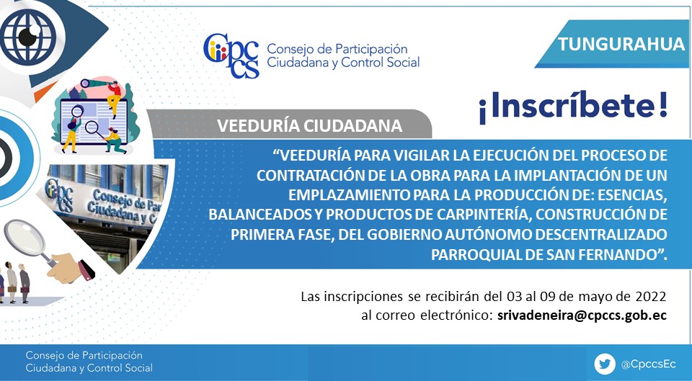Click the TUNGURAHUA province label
pos(621,44)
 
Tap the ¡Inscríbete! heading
pos(573,107)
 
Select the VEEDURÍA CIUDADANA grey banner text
pos(309,125)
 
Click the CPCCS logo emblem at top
pos(231,55)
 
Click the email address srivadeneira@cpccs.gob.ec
pos(582,315)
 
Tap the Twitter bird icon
pos(605,364)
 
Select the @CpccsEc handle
pos(648,364)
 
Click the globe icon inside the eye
pos(28,36)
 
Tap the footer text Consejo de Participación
pos(84,355)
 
